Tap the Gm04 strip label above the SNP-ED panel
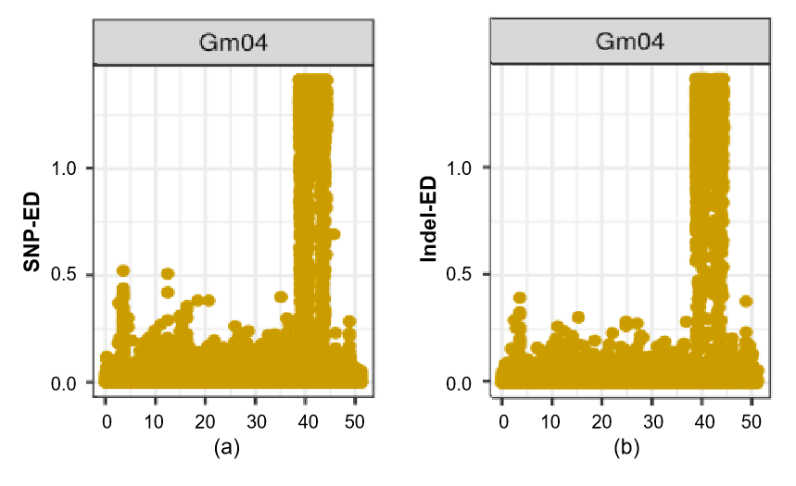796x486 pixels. click(x=233, y=43)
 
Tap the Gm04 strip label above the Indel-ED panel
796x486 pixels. click(x=630, y=43)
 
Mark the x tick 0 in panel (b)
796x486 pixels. click(x=501, y=422)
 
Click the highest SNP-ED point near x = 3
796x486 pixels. click(x=122, y=270)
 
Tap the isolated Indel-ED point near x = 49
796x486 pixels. click(x=746, y=301)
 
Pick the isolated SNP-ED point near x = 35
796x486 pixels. click(x=281, y=297)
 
